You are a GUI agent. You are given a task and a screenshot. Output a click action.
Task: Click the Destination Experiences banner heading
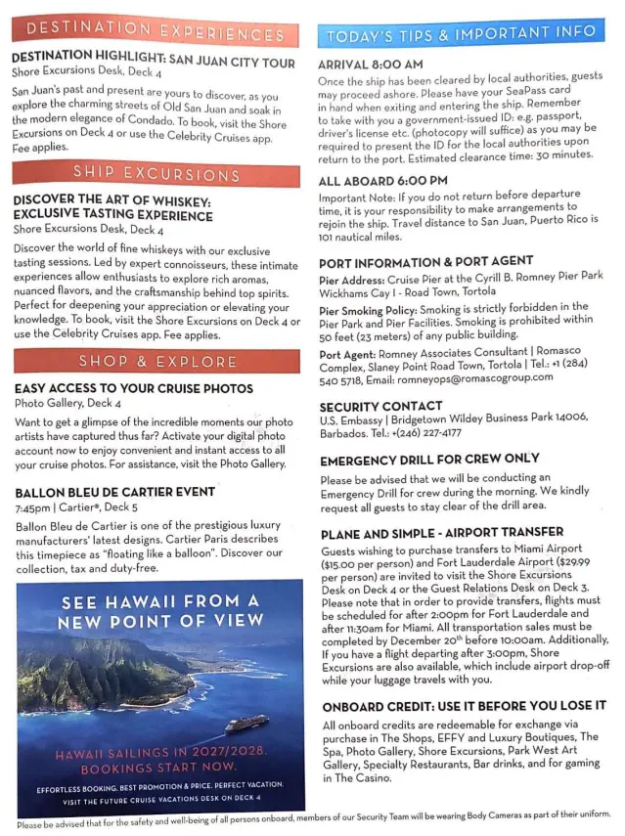point(155,32)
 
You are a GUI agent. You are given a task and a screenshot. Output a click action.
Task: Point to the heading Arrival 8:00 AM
point(371,65)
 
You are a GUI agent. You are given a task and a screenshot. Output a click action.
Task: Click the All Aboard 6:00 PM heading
point(382,180)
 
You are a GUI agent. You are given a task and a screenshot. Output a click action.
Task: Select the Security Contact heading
point(379,406)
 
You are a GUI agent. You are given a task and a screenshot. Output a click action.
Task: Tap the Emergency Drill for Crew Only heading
point(428,459)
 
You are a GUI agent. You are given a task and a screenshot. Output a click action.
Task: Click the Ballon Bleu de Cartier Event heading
point(115,492)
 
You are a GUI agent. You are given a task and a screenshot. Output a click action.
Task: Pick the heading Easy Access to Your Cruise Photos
point(133,388)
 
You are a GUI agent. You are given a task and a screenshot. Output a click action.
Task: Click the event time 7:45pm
point(33,508)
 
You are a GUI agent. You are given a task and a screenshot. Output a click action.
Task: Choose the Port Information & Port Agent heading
point(425,262)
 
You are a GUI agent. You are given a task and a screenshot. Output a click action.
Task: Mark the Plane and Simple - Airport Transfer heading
point(442,534)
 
